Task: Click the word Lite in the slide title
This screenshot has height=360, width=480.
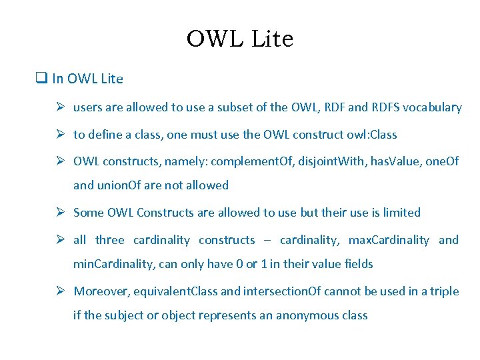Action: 273,39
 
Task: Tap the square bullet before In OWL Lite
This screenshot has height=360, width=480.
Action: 41,79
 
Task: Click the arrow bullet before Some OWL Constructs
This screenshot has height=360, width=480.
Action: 59,213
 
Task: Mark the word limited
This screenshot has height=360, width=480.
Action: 400,213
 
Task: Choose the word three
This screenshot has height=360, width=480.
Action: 110,240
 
